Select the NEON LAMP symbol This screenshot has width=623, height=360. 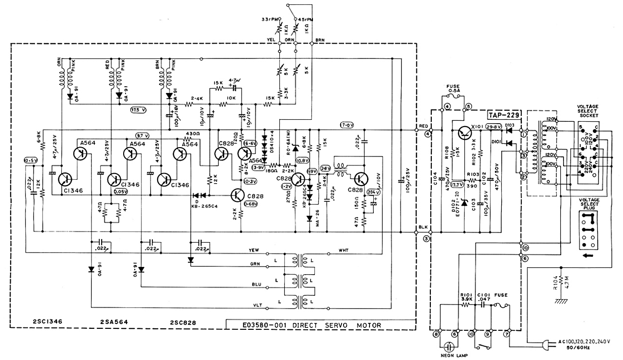pyautogui.click(x=449, y=347)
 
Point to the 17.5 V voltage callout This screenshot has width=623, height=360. pyautogui.click(x=139, y=110)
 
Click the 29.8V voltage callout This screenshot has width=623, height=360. pyautogui.click(x=494, y=127)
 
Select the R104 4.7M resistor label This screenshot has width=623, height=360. pyautogui.click(x=556, y=285)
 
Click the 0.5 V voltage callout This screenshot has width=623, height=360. pyautogui.click(x=31, y=161)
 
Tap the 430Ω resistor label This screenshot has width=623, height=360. pyautogui.click(x=192, y=133)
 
